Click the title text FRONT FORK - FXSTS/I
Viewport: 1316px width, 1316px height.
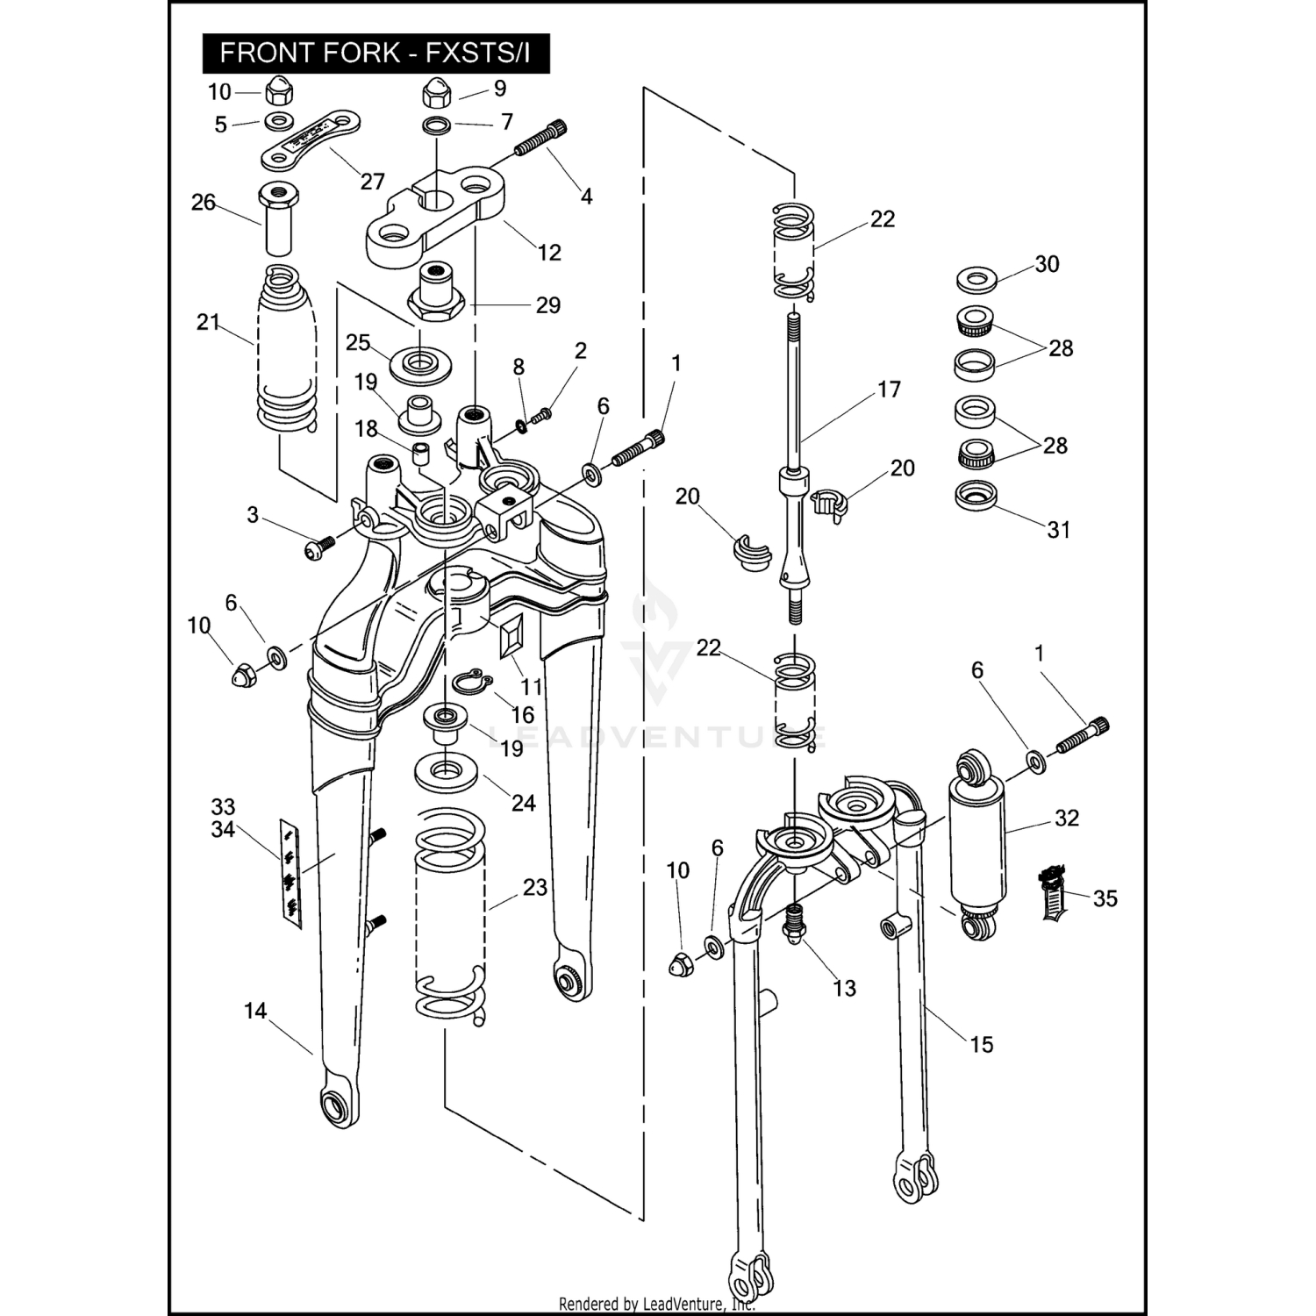375,54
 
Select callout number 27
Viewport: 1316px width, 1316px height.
373,182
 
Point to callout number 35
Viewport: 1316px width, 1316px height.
1105,898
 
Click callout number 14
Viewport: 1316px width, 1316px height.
255,1012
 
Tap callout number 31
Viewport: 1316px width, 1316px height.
1059,530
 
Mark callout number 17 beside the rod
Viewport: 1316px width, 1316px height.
889,390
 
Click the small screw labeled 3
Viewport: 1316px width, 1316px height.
317,547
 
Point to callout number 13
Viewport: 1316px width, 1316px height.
844,989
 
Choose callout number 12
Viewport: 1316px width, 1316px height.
549,253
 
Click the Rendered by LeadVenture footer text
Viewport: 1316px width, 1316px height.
656,1304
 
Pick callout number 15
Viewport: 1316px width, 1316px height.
982,1044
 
